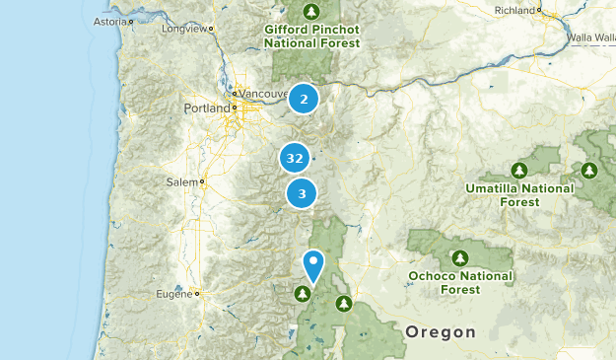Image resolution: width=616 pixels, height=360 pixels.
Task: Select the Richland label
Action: (x=514, y=10)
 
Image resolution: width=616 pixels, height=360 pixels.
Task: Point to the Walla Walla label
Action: (x=590, y=39)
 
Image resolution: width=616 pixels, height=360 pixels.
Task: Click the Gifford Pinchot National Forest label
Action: (x=311, y=36)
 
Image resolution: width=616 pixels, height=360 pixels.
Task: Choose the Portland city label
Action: (x=206, y=108)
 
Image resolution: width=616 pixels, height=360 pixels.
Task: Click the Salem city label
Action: (x=182, y=182)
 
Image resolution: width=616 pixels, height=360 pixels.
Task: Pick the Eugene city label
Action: (x=175, y=294)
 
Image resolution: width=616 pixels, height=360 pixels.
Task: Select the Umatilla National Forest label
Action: (x=519, y=194)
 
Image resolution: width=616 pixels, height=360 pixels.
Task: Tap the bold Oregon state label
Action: (x=442, y=331)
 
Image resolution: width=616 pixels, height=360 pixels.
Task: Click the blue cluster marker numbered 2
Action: (x=304, y=99)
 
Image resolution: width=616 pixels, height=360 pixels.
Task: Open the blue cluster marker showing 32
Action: (x=294, y=158)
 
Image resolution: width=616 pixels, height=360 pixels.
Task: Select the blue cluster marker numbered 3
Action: (x=302, y=193)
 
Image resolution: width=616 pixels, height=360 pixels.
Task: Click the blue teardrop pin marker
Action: (x=313, y=265)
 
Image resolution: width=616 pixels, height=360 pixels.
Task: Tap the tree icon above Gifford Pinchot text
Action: (x=311, y=12)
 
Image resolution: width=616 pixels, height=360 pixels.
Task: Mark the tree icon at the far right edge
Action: (x=589, y=170)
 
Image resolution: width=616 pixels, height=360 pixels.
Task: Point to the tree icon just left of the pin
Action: (x=301, y=292)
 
